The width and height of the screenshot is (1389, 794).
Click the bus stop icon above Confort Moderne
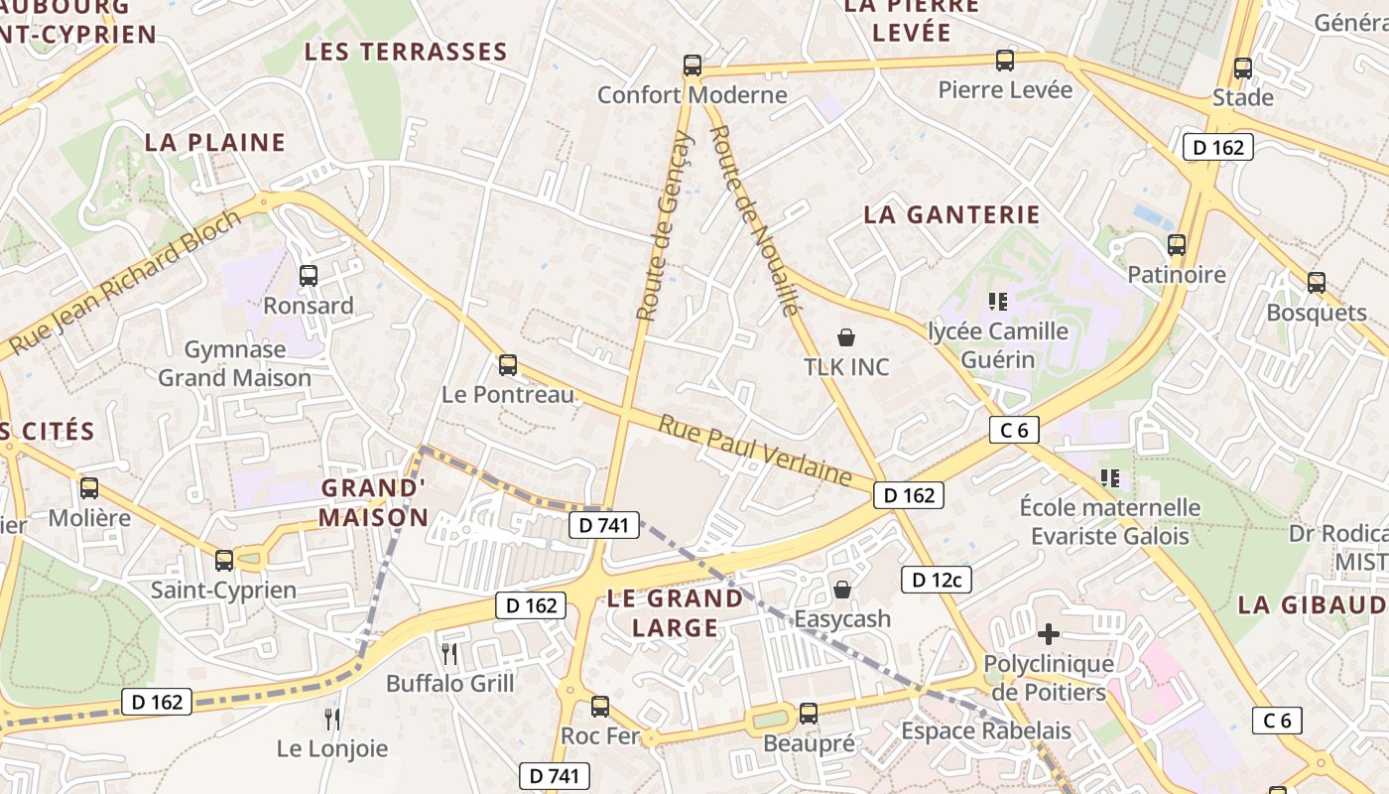(692, 66)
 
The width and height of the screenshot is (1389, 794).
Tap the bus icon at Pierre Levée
(1005, 61)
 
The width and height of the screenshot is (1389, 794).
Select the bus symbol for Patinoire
(1177, 244)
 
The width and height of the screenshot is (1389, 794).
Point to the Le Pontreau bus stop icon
(508, 365)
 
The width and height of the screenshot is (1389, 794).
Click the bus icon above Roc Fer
(600, 707)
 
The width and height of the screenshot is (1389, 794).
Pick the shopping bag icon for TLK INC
(846, 337)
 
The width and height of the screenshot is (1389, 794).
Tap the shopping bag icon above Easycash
(842, 590)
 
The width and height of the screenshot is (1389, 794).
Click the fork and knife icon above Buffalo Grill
(449, 653)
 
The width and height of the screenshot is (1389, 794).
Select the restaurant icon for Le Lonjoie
(332, 719)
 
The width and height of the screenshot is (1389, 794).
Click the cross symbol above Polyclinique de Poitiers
(1049, 633)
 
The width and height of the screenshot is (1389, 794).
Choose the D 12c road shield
(936, 580)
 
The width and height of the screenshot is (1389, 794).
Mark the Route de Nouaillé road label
(755, 219)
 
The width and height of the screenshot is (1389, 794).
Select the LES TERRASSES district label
(406, 52)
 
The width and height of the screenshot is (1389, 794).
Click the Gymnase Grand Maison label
(235, 363)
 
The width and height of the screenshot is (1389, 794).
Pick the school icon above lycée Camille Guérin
(998, 300)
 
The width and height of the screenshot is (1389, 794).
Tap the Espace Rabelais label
(986, 731)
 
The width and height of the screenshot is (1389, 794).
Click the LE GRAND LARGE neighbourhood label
(675, 612)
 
